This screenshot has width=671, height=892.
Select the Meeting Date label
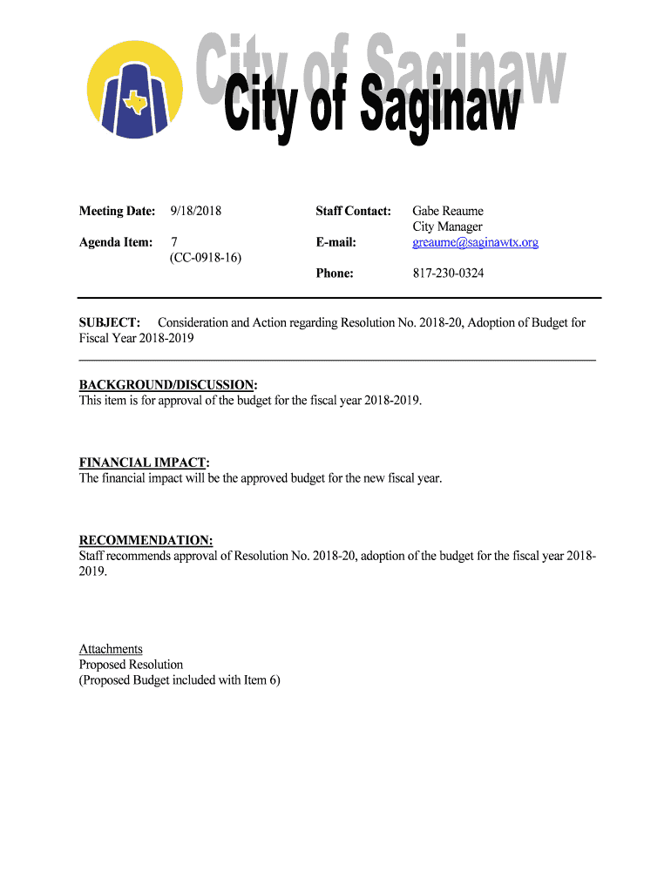(118, 211)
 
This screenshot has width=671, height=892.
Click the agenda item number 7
(174, 242)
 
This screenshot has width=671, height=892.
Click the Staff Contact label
(353, 211)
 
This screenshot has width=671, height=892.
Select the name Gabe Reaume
(447, 211)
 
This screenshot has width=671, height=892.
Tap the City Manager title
(447, 226)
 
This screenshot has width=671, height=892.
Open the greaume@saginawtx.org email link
(475, 242)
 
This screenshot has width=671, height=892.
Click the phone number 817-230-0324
(448, 274)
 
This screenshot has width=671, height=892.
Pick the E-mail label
(336, 242)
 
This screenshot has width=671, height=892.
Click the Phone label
(335, 274)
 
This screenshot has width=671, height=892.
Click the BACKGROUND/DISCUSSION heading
(169, 385)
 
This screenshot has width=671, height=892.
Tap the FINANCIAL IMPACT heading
(145, 463)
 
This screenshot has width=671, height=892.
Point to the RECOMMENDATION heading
(146, 540)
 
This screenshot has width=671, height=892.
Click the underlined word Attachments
(111, 649)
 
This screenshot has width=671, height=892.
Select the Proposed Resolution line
(131, 665)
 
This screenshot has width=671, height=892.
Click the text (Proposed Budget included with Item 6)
(180, 680)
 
